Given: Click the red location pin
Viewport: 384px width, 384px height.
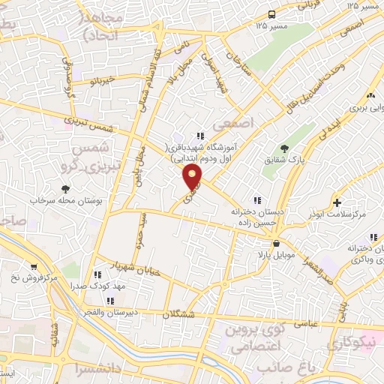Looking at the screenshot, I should click(x=193, y=177).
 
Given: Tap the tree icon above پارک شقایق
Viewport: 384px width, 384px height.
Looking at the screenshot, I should click(x=283, y=148).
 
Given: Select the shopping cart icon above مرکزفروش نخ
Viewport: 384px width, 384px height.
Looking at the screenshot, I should click(x=34, y=267).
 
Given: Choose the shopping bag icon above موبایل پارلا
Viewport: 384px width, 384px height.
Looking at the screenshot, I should click(x=277, y=244).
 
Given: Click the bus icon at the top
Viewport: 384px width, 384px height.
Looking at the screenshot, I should click(x=271, y=13).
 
